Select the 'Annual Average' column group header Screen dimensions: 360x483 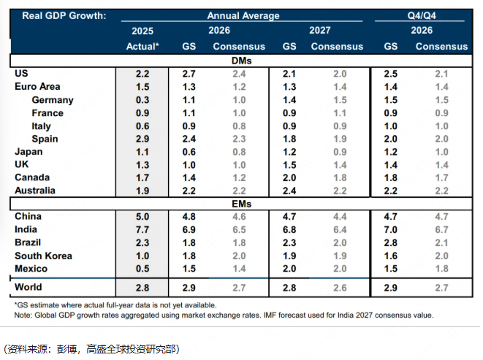[243, 15]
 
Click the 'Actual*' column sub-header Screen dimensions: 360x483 [142, 47]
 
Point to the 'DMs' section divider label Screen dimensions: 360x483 [241, 61]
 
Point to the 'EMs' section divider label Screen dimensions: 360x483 [241, 204]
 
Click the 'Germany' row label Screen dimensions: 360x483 [53, 100]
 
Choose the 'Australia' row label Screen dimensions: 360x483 [35, 191]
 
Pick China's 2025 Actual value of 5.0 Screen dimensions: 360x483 [142, 217]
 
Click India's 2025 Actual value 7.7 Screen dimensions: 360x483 [142, 230]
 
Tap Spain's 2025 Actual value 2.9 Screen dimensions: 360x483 [142, 139]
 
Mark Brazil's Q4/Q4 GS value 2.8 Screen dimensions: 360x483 [391, 242]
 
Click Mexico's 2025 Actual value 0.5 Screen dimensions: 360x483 [142, 269]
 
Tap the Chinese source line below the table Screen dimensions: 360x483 [92, 349]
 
